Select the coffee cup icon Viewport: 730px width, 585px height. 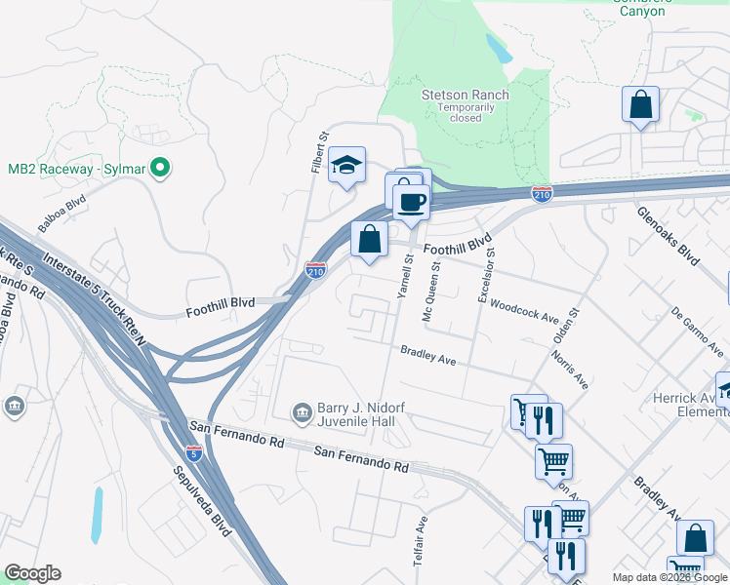pyautogui.click(x=411, y=201)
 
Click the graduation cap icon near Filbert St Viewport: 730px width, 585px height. pyautogui.click(x=345, y=165)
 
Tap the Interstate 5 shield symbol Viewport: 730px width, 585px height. pyautogui.click(x=194, y=452)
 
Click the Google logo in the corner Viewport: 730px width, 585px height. pyautogui.click(x=32, y=573)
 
